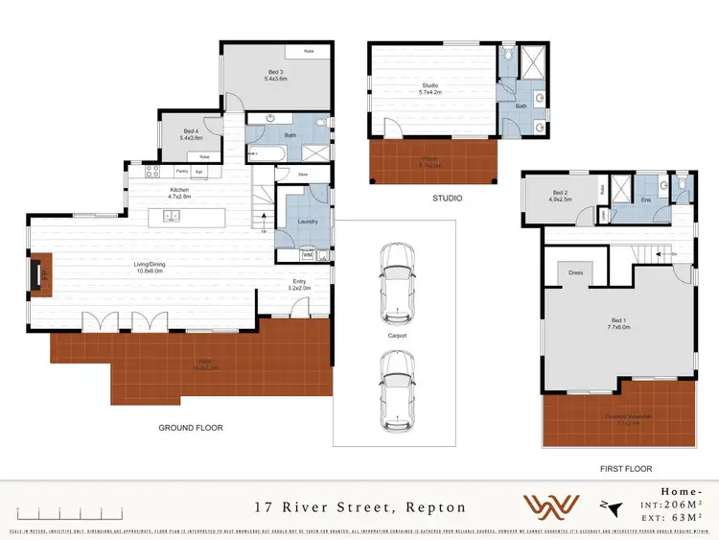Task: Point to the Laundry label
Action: (x=309, y=222)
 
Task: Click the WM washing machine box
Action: (x=308, y=254)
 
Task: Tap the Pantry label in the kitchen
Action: (x=182, y=172)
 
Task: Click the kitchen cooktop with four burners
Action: (x=151, y=172)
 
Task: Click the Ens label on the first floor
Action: (x=646, y=200)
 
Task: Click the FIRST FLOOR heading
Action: (x=624, y=469)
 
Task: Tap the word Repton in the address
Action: (x=437, y=506)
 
